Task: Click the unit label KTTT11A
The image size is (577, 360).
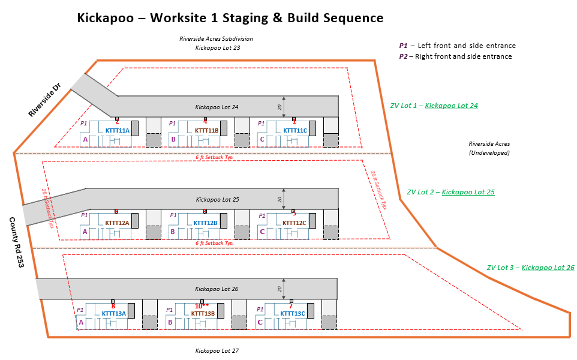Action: point(118,130)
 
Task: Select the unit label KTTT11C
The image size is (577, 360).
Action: point(295,130)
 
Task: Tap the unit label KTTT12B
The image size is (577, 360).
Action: point(205,223)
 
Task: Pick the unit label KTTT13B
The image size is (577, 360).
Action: point(203,313)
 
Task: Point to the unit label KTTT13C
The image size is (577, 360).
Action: point(293,313)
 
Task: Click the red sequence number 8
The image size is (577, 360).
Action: point(113,306)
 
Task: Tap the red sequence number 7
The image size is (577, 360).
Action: point(291,306)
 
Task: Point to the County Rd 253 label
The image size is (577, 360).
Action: point(16,242)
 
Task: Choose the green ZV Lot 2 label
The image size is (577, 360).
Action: point(450,192)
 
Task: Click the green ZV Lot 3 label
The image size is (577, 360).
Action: point(530,268)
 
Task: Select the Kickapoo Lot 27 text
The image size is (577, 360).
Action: point(217,350)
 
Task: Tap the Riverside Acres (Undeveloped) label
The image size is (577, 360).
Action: point(489,148)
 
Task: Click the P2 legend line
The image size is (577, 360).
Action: point(456,56)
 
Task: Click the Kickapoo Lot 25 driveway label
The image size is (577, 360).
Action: point(217,199)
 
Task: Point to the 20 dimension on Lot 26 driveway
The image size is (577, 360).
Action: point(280,289)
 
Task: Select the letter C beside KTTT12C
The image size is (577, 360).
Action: point(262,231)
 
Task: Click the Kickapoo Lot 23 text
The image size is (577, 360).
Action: point(217,47)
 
